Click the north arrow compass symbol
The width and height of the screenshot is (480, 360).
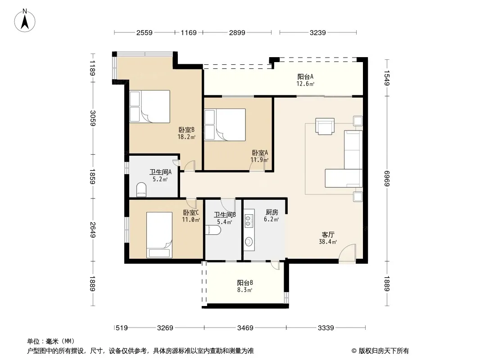click(x=25, y=21)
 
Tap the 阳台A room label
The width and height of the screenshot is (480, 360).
click(x=305, y=80)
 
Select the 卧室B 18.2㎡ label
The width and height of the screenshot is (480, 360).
click(x=186, y=133)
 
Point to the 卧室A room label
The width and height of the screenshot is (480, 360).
click(x=260, y=156)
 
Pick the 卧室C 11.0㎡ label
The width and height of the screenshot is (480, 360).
click(x=191, y=216)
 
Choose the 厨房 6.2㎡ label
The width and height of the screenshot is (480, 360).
click(x=272, y=216)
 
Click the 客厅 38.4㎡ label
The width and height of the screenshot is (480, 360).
click(x=328, y=238)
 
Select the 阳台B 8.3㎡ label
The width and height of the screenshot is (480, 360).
click(x=245, y=286)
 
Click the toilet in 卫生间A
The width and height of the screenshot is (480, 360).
click(x=141, y=189)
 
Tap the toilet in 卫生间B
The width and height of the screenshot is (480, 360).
click(x=213, y=230)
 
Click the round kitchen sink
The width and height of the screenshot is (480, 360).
click(x=249, y=242)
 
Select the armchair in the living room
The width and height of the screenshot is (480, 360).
click(x=325, y=126)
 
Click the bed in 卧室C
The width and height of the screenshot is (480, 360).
click(x=159, y=235)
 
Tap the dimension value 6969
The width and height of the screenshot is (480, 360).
click(x=387, y=179)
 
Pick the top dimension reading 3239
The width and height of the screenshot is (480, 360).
click(x=318, y=32)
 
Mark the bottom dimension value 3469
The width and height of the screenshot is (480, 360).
click(x=245, y=328)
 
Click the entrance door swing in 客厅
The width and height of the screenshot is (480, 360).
click(x=348, y=252)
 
